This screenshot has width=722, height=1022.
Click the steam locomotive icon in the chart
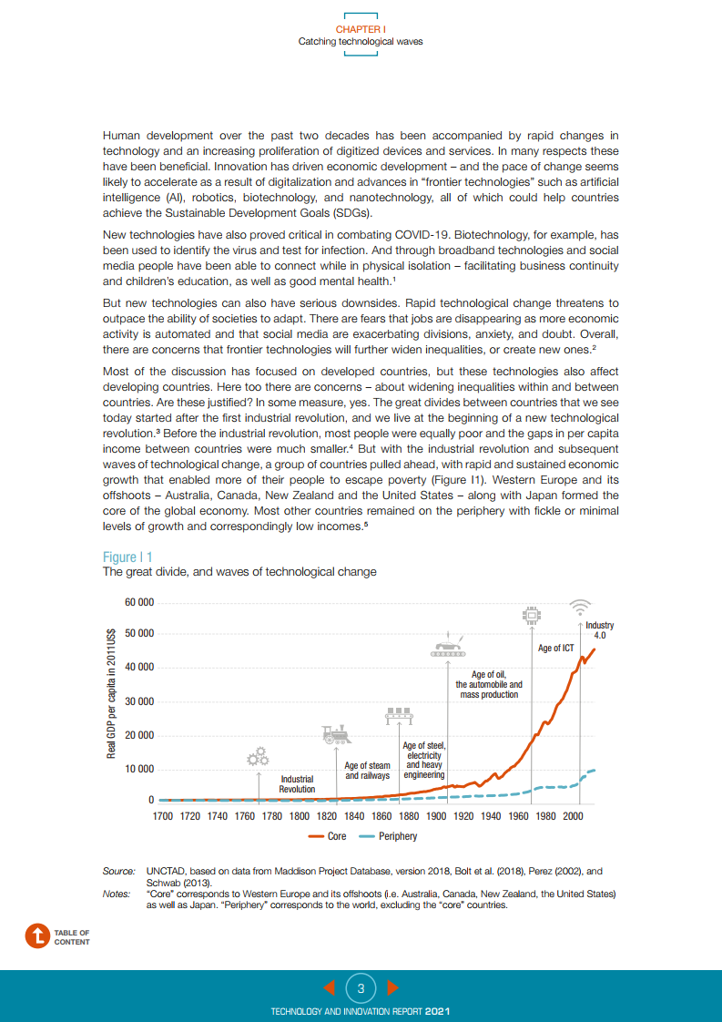(335, 734)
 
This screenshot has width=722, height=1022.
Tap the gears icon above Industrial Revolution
(259, 757)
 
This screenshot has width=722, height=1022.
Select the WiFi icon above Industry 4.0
(580, 607)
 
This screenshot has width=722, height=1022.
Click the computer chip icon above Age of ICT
(530, 617)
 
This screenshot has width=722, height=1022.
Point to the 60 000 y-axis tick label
(138, 602)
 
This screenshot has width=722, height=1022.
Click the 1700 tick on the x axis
(162, 816)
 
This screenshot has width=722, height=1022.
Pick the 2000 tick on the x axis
(573, 816)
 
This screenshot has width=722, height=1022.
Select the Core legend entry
(329, 836)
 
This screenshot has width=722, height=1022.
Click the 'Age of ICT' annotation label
(555, 649)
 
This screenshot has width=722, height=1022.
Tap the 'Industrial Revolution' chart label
(297, 784)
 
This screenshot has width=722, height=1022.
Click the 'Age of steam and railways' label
(368, 771)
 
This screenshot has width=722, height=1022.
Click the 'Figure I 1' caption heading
(127, 557)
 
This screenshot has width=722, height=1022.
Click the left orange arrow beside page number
(330, 987)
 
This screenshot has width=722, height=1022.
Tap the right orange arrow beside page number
(392, 987)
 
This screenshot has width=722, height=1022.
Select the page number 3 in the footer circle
(361, 988)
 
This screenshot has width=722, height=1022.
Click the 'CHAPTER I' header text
(361, 30)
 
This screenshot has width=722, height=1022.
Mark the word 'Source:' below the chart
(118, 872)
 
